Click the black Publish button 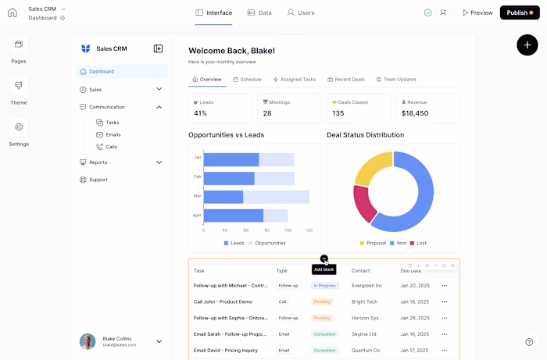point(520,12)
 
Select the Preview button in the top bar point(477,12)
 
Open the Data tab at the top point(259,12)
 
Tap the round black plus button point(527,45)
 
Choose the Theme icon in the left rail point(19,86)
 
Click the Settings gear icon point(19,127)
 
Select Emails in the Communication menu point(113,134)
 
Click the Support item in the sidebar point(98,180)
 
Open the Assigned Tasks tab point(295,79)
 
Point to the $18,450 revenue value point(415,113)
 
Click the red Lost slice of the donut point(364,204)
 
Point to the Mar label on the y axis point(198,196)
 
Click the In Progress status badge point(326,286)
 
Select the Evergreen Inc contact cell point(366,286)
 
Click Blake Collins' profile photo point(88,341)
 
